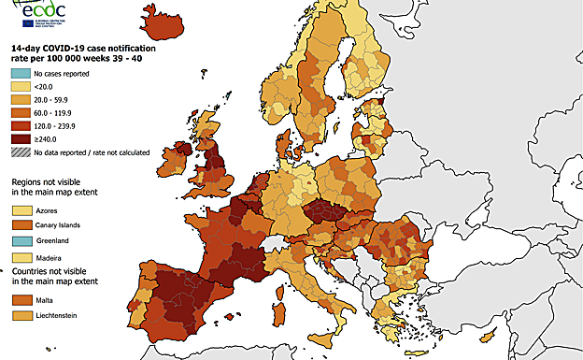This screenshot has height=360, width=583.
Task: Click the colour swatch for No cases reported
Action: pos(20,73)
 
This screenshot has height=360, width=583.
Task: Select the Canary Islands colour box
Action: pos(20,225)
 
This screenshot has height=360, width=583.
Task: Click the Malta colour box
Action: pos(20,300)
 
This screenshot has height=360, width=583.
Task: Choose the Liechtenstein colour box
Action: pos(20,315)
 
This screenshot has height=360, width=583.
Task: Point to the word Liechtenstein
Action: pos(56,315)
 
